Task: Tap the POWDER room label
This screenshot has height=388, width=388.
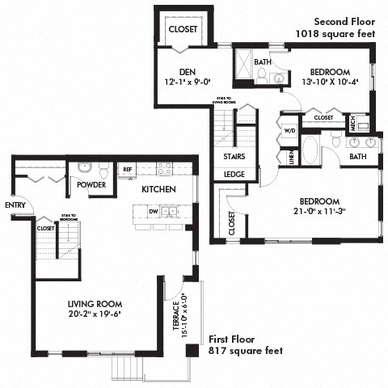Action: pyautogui.click(x=91, y=184)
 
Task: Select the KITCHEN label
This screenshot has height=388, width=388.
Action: pyautogui.click(x=156, y=189)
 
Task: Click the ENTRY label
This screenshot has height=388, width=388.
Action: pyautogui.click(x=15, y=205)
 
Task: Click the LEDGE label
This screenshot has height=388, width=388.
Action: pyautogui.click(x=234, y=173)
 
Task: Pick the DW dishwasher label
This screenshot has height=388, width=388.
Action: pyautogui.click(x=153, y=211)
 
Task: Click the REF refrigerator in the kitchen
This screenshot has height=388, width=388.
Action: pyautogui.click(x=126, y=169)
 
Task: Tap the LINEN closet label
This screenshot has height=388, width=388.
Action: pyautogui.click(x=290, y=154)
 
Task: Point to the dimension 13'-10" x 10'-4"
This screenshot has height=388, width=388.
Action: pyautogui.click(x=328, y=82)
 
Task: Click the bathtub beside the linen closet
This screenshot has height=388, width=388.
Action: pyautogui.click(x=311, y=151)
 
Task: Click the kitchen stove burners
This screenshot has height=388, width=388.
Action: pyautogui.click(x=164, y=169)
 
